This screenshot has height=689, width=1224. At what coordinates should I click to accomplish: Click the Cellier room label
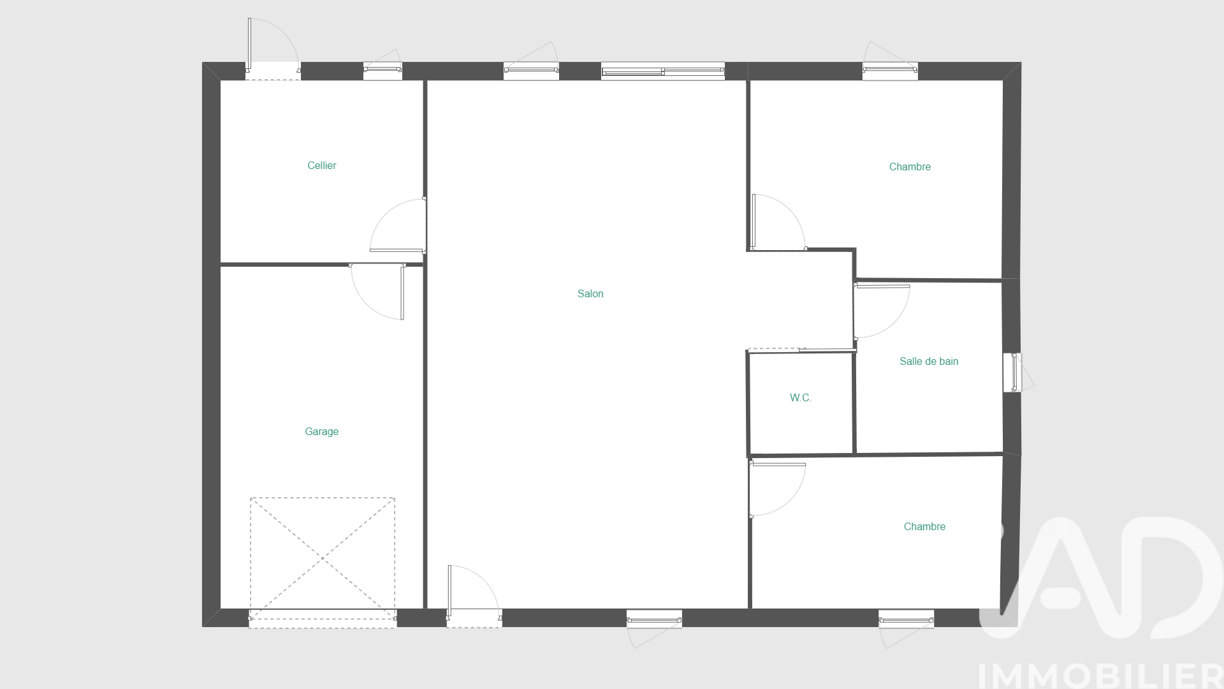[321, 165]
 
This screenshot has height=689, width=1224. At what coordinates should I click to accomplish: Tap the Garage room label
[321, 431]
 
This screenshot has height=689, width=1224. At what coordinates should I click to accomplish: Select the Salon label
[590, 293]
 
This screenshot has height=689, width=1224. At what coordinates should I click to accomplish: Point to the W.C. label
[801, 397]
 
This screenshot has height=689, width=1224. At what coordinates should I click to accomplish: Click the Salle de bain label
[929, 361]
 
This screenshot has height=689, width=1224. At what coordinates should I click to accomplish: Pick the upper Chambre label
[910, 167]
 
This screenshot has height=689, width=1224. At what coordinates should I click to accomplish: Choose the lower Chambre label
[924, 526]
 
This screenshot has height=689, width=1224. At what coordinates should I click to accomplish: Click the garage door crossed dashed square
[323, 558]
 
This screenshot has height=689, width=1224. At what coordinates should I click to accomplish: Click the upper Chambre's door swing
[779, 222]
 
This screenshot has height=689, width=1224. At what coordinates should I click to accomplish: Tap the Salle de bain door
[882, 311]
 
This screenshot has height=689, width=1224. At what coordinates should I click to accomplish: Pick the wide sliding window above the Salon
[663, 71]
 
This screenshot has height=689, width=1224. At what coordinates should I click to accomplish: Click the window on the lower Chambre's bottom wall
[906, 629]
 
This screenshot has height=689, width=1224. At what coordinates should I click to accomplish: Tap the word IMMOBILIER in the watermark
[1100, 676]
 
